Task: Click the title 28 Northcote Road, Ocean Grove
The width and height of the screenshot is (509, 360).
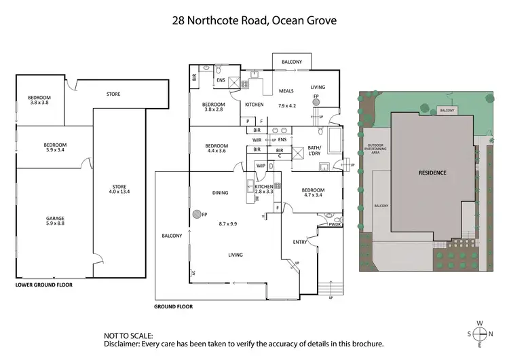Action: tap(254, 20)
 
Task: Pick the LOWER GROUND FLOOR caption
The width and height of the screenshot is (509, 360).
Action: tap(43, 285)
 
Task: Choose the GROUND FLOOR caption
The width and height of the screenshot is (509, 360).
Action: tap(174, 307)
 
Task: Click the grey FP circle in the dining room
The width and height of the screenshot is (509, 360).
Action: tap(196, 215)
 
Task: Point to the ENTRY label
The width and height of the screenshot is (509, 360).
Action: tap(300, 242)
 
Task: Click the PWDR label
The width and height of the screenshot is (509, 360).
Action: tap(333, 223)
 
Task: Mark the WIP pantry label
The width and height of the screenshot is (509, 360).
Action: tap(261, 165)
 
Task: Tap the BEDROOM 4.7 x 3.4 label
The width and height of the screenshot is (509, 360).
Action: tap(313, 193)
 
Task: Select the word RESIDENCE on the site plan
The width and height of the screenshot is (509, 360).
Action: tap(432, 173)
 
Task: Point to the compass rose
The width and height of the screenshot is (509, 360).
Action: tap(480, 334)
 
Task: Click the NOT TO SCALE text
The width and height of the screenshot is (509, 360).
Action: tap(129, 336)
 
